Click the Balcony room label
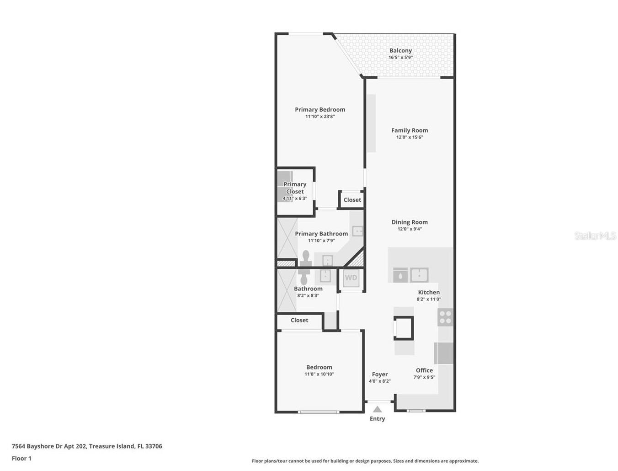coord(400,51)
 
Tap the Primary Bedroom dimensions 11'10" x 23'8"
coord(320,117)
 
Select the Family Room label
coord(410,130)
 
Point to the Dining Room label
coord(410,222)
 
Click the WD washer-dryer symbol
coord(351,278)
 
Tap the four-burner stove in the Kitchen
coord(445,317)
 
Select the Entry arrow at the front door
coord(377,409)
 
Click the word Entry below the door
coord(377,419)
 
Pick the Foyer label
coord(379,374)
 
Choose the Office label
coord(424,370)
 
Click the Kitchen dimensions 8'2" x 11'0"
coord(429,299)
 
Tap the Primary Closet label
coord(295,188)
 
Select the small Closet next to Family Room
coord(352,200)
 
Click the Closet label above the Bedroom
coord(299,320)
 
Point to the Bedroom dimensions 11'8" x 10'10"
coord(319,374)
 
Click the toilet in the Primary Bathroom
coord(306,258)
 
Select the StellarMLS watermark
coord(595,236)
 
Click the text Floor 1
coord(21,458)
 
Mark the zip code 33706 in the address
coord(154,446)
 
